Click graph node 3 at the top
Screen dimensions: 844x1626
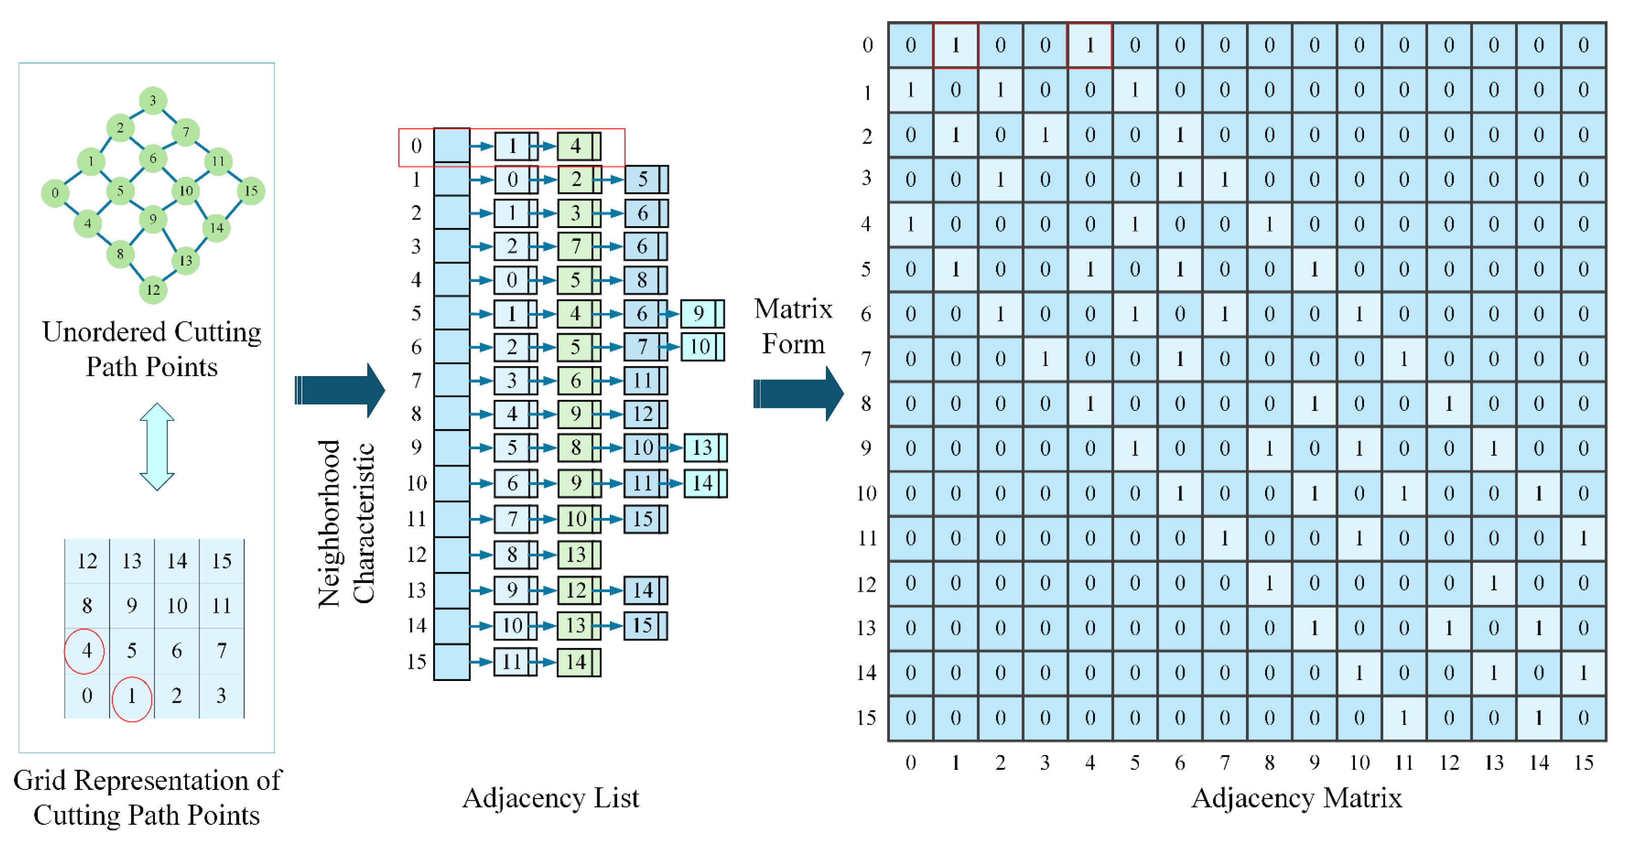coord(153,100)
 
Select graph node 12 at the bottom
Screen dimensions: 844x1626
coord(153,290)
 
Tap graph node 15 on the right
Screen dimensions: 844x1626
coord(250,191)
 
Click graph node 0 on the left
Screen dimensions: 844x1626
coord(55,192)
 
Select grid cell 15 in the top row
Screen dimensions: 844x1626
coord(222,560)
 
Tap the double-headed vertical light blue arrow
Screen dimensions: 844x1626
coord(156,447)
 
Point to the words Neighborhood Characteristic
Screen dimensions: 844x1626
coord(346,522)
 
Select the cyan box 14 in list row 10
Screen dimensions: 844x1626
coord(703,484)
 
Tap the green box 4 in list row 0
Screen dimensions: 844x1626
coord(577,146)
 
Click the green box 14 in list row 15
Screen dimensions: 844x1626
coord(577,662)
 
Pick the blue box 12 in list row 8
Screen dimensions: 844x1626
coord(643,414)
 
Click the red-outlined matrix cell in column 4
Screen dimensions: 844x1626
coord(1089,45)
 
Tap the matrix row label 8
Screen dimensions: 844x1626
coord(867,404)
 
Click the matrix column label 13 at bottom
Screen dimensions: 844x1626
coord(1493,763)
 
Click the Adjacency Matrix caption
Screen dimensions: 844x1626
coord(1296,799)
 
